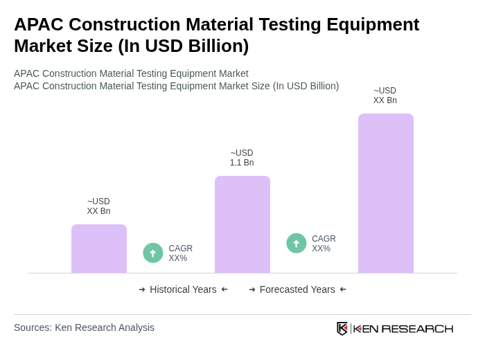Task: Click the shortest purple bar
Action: tap(99, 249)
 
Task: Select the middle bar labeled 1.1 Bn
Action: tap(242, 224)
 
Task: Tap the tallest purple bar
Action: tap(385, 193)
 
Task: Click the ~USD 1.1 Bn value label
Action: tap(242, 158)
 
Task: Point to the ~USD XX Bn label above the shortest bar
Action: tap(98, 206)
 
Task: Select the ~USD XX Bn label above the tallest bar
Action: tap(385, 96)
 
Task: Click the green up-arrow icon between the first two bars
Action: tap(153, 253)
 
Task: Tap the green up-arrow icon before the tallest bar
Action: tap(297, 243)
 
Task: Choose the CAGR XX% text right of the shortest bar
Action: tap(181, 253)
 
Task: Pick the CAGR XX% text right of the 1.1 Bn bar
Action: tap(324, 244)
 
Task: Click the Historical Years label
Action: tap(183, 289)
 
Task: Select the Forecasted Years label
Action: tap(297, 289)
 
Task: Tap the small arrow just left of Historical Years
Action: tap(142, 289)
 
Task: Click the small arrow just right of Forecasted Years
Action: tap(343, 289)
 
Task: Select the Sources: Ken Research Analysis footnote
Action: tap(84, 327)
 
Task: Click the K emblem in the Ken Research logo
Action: tap(342, 328)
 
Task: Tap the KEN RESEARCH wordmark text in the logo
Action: tap(403, 328)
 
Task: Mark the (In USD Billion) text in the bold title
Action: tap(183, 46)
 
